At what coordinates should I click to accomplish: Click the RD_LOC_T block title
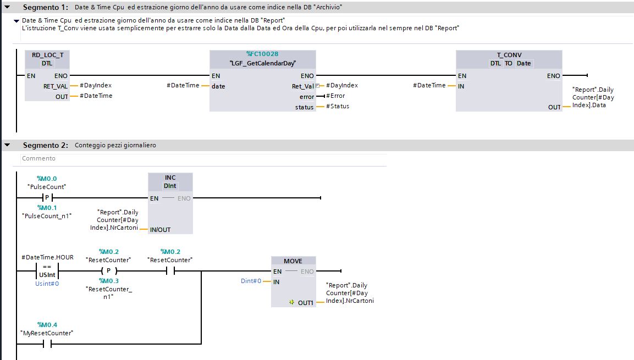47,55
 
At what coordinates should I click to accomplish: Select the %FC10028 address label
262,54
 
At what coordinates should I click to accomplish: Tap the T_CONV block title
509,55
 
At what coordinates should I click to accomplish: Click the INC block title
170,178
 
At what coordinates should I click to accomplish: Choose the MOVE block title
293,261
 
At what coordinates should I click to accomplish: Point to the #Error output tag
335,96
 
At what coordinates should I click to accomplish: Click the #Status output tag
338,106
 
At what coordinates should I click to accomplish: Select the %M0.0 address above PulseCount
47,179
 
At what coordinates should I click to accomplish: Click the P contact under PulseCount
47,197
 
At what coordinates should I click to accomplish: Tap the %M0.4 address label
47,325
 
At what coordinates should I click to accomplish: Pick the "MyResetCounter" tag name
47,333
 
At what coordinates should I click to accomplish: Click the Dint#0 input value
251,281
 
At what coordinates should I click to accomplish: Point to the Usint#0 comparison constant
47,284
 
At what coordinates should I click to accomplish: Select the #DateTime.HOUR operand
47,257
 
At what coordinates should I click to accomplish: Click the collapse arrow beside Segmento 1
7,7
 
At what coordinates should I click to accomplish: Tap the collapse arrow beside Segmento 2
7,145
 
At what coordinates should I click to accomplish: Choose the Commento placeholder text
38,158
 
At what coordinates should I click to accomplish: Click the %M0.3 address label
109,281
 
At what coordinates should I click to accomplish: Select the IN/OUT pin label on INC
160,230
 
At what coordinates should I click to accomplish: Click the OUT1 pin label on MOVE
305,303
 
